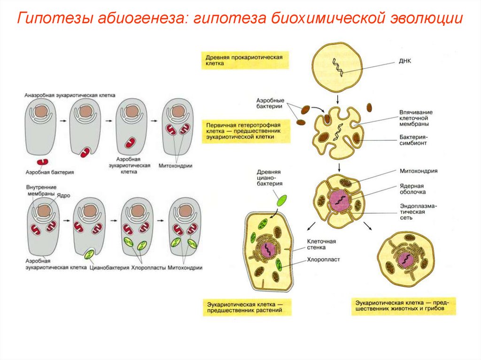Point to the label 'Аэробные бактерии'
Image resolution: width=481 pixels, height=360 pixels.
pos(270,104)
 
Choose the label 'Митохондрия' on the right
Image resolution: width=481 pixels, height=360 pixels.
pos(419,171)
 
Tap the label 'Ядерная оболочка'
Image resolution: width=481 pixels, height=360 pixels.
pos(413,189)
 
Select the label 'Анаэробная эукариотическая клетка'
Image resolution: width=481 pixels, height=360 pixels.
pos(70,95)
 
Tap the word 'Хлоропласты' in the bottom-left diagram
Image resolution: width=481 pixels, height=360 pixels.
pos(147,268)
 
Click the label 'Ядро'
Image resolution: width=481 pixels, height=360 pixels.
pos(63,195)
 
